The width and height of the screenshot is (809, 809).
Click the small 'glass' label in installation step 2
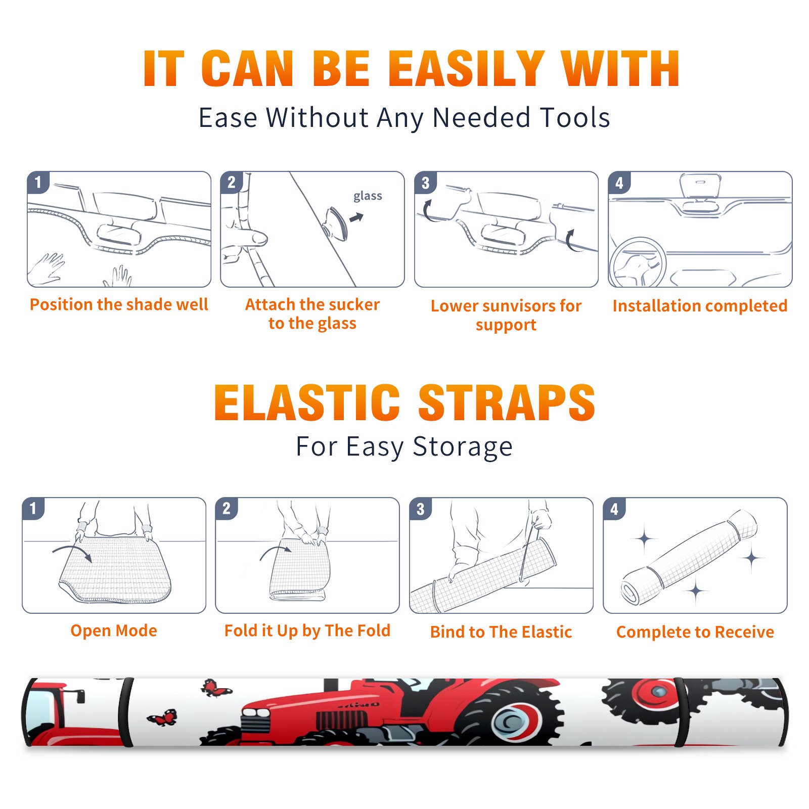[x=368, y=196]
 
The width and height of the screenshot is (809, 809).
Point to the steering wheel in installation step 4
[x=638, y=262]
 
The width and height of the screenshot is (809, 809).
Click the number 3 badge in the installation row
[x=425, y=183]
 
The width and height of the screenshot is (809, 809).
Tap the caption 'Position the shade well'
[x=119, y=304]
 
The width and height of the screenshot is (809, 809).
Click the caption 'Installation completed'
[x=700, y=305]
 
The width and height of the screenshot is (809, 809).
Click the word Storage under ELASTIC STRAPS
[x=463, y=447]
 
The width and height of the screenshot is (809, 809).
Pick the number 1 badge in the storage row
[x=33, y=508]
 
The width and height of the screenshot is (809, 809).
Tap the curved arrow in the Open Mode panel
[x=72, y=552]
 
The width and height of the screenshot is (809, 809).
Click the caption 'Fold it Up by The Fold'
[x=307, y=631]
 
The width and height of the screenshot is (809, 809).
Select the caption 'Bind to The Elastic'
[x=501, y=632]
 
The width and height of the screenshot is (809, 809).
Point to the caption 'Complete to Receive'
[x=695, y=632]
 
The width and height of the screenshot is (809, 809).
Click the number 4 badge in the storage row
[x=614, y=509]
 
